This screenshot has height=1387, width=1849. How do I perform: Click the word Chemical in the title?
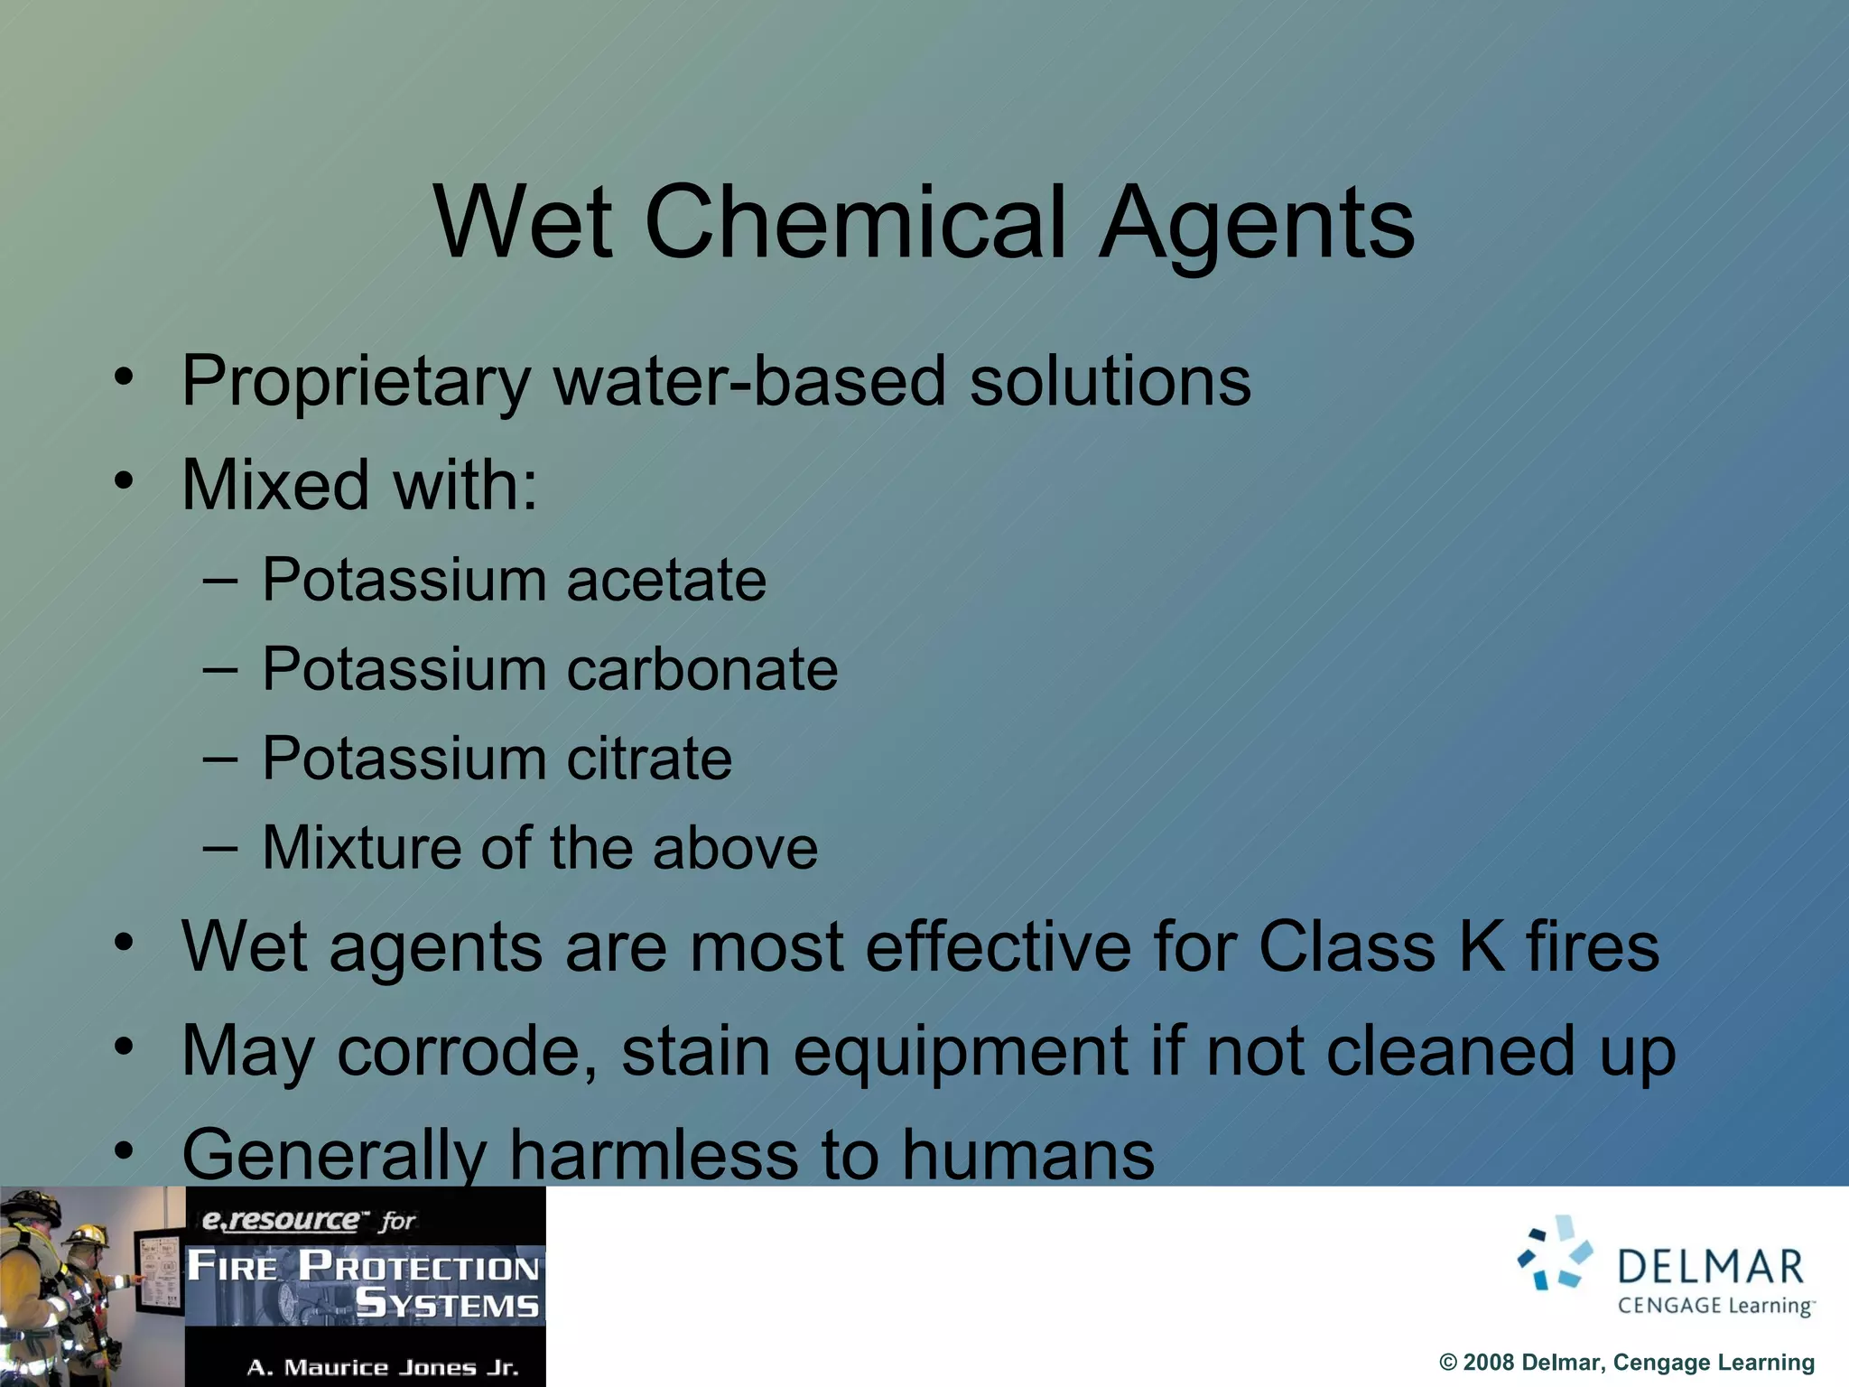pos(855,223)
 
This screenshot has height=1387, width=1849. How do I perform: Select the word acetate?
pos(666,580)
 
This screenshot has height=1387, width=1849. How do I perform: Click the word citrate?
pos(649,759)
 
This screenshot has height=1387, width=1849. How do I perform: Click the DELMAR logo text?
pos(1711,1267)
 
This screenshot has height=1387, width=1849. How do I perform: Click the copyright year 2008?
pos(1487,1363)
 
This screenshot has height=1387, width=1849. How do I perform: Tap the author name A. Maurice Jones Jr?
pos(383,1367)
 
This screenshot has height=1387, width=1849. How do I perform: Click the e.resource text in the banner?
pos(280,1221)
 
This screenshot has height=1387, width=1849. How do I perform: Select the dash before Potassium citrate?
pos(220,759)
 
